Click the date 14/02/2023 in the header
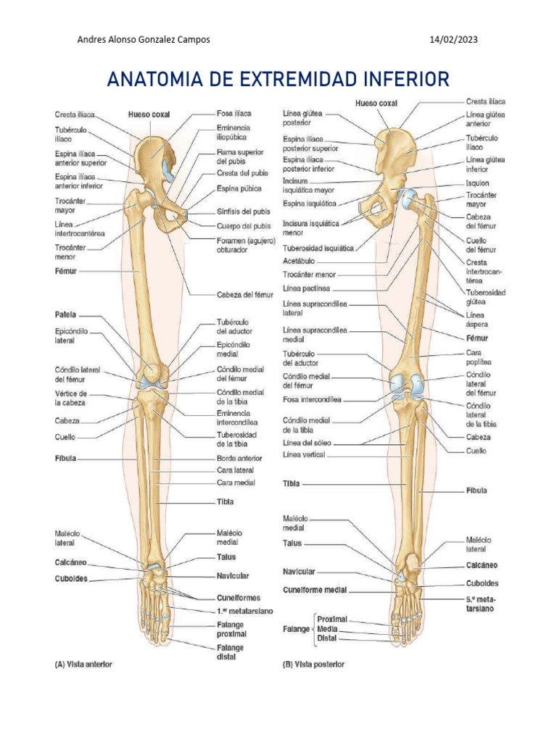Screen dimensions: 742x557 [453, 39]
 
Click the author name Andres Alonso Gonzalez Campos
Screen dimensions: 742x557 [144, 39]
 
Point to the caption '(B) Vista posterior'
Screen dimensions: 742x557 [313, 664]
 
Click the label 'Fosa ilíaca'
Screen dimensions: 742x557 [234, 114]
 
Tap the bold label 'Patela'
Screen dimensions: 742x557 [66, 315]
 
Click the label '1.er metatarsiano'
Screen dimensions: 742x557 [245, 612]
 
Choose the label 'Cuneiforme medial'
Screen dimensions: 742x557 [315, 589]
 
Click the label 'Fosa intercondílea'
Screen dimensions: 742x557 [312, 399]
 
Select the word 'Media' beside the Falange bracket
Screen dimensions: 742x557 [328, 629]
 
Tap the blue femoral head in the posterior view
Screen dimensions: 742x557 [408, 197]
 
